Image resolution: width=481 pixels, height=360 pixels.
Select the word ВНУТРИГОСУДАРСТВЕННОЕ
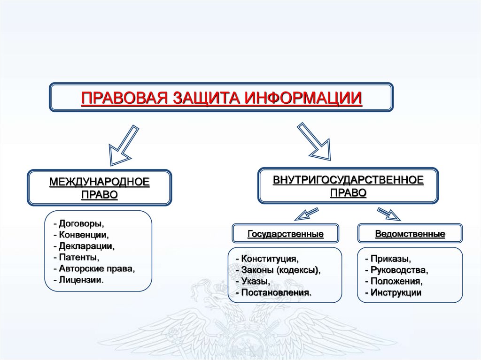348,180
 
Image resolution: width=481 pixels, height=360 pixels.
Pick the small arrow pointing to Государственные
306,214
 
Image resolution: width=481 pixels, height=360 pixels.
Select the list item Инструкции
395,292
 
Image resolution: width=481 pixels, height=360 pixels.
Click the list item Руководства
399,270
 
